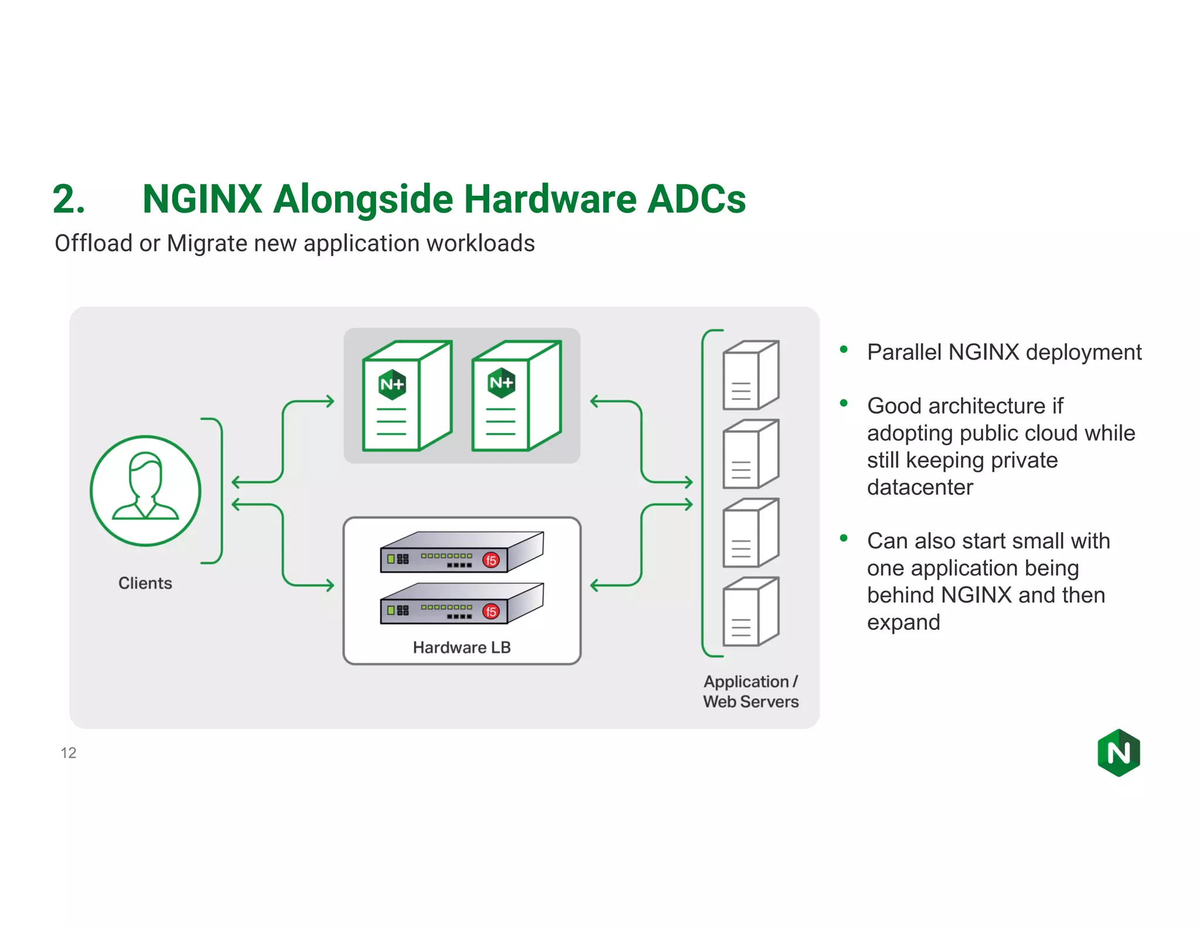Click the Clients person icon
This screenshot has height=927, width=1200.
[x=145, y=490]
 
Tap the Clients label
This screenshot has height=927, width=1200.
[x=145, y=583]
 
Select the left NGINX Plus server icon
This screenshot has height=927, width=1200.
[x=407, y=397]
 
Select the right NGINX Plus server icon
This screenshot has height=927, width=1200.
[x=516, y=397]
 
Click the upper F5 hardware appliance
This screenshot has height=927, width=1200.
[x=462, y=553]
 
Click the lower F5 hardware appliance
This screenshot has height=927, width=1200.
[x=462, y=604]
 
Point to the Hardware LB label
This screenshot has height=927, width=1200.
[x=462, y=647]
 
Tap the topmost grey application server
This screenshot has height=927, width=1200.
[x=751, y=375]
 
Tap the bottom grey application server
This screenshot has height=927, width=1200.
[x=751, y=612]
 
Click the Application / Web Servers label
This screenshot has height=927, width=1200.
[x=751, y=691]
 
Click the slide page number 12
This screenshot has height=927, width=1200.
[x=69, y=753]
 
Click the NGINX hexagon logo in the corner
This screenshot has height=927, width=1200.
[x=1119, y=753]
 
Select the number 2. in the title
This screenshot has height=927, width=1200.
[x=69, y=199]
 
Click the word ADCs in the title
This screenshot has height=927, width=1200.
[x=696, y=199]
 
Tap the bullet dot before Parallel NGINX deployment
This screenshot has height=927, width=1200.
[x=844, y=350]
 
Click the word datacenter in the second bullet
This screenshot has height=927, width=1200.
[x=920, y=488]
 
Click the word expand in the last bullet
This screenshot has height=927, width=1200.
[x=904, y=622]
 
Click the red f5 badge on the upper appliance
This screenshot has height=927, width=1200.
[x=491, y=560]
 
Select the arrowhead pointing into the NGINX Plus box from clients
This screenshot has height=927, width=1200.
[x=330, y=401]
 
